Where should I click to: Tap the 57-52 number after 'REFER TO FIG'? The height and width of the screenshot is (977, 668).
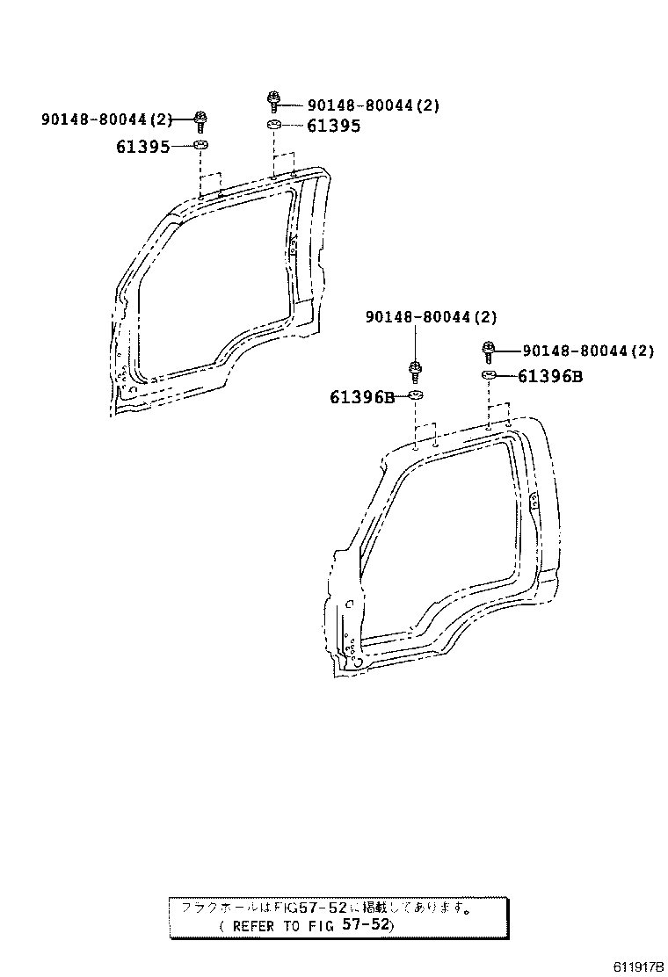(369, 925)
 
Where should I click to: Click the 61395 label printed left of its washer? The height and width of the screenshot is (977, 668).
(142, 147)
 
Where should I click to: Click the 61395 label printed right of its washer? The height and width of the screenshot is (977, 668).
(333, 126)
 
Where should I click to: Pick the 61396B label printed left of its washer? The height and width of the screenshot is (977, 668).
(362, 397)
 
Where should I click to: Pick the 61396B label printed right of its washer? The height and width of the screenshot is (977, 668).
(550, 377)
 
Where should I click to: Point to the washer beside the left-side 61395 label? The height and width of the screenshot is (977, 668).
(201, 145)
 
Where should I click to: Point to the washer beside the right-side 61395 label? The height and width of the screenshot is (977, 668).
(274, 126)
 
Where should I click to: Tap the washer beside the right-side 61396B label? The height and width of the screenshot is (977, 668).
(490, 376)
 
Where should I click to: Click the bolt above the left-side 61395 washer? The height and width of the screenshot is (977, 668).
(201, 119)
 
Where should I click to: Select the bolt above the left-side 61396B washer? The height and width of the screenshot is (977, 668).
(417, 368)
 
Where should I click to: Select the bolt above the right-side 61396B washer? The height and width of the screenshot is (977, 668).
(489, 351)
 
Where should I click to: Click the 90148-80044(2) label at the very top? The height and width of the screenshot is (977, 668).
(373, 105)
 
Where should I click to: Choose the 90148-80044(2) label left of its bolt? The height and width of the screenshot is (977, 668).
(106, 119)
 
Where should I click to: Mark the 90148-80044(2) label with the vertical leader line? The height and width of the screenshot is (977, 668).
(431, 316)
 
